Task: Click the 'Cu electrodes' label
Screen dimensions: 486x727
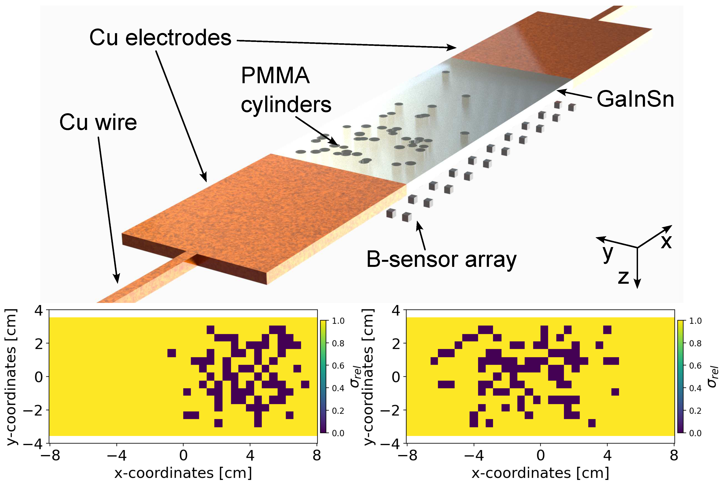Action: [160, 38]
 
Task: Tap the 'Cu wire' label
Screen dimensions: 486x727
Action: [98, 122]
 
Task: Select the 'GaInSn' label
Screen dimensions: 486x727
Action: [635, 99]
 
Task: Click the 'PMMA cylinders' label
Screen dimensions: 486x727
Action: [286, 90]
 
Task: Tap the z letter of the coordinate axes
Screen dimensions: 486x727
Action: [623, 277]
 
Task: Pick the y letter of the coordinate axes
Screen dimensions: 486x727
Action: [608, 253]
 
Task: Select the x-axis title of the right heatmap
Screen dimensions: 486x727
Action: [540, 473]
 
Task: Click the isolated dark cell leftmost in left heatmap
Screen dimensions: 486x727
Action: [172, 353]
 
